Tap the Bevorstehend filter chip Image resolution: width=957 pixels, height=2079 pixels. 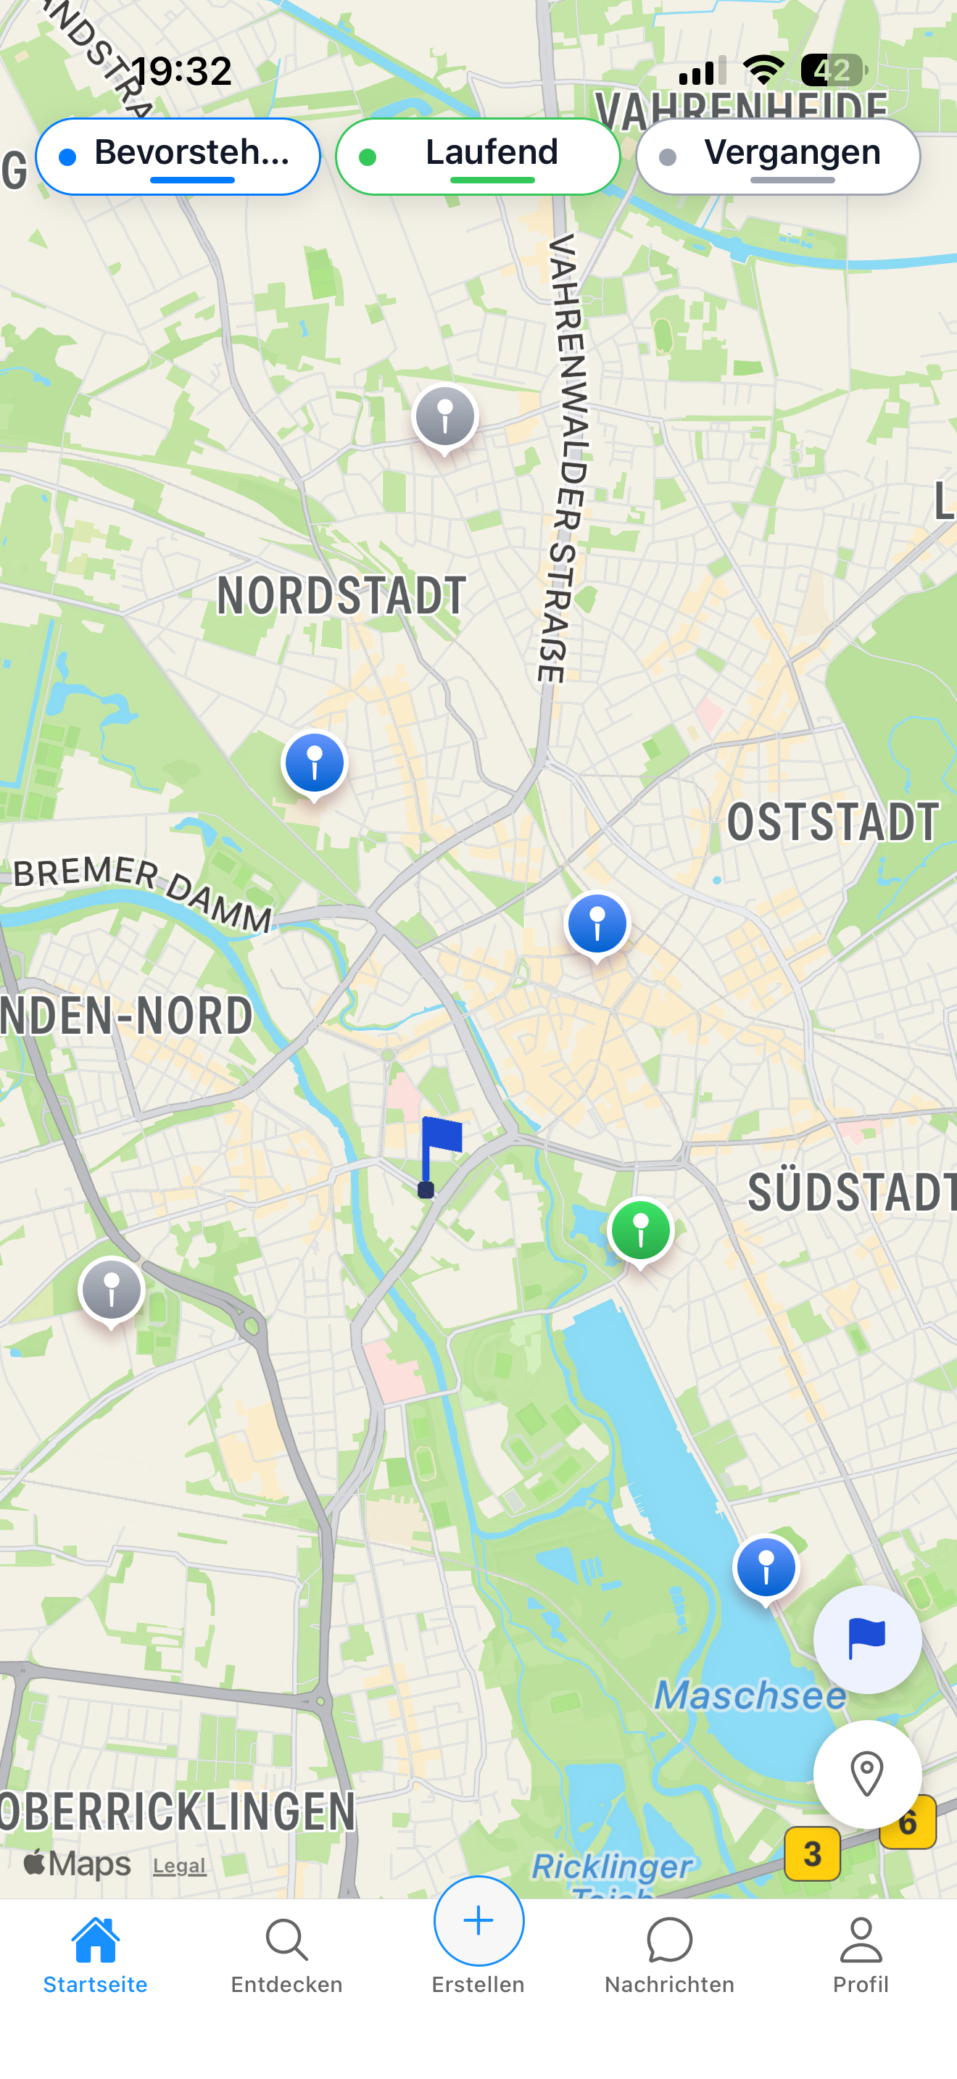tap(178, 157)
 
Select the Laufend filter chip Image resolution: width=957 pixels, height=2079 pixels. tap(478, 157)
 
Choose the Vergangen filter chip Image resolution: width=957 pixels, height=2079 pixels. tap(778, 157)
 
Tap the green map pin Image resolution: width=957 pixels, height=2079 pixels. tap(641, 1232)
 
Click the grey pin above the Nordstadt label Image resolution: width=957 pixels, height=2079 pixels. tap(444, 418)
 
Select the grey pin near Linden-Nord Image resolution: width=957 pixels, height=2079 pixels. tap(112, 1290)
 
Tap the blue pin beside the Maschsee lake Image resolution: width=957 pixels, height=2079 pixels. tap(766, 1568)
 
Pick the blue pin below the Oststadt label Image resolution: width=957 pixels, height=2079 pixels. tap(597, 925)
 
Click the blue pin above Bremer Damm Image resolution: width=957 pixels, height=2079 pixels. tap(315, 763)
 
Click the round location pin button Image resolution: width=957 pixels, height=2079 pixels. tap(866, 1774)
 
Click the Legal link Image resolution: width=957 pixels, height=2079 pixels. tap(179, 1865)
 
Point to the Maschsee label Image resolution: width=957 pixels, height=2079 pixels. tap(749, 1695)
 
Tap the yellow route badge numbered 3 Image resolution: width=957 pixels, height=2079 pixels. tap(812, 1854)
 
